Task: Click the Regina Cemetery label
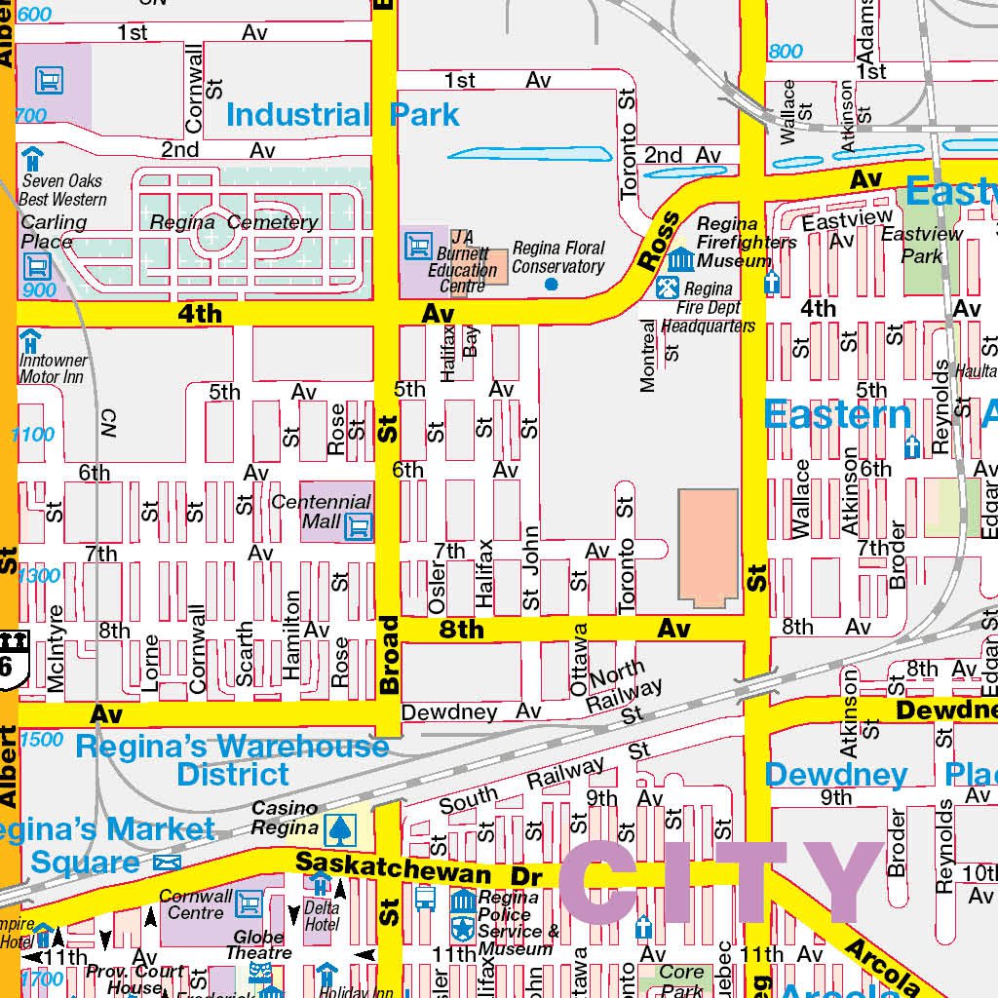(234, 222)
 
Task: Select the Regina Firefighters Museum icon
(680, 258)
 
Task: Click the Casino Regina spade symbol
(341, 829)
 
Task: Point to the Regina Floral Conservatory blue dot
(552, 284)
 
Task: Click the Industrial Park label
(342, 115)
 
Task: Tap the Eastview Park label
(922, 244)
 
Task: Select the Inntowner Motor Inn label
(53, 368)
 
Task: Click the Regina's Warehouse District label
(232, 760)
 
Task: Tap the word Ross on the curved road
(659, 241)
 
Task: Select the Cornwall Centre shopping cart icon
(249, 903)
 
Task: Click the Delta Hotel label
(322, 916)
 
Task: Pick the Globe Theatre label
(258, 943)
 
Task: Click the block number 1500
(40, 740)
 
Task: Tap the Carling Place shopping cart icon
(37, 264)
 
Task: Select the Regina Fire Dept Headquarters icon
(668, 288)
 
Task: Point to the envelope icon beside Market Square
(167, 864)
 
